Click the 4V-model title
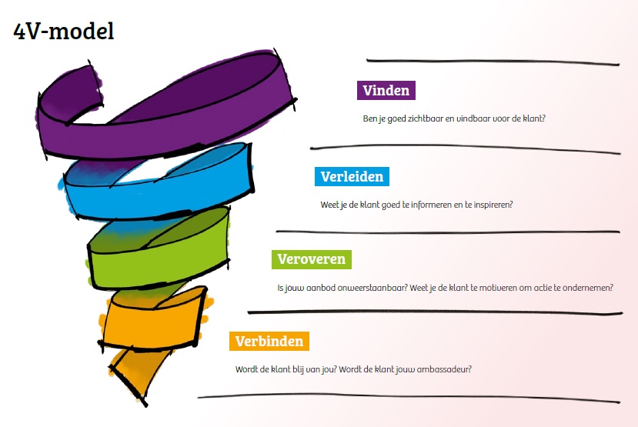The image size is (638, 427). [x=63, y=32]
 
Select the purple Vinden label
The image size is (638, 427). [x=386, y=90]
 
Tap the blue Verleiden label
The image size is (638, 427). [x=352, y=176]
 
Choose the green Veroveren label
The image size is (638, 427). [x=312, y=259]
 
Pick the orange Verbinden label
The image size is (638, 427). [x=269, y=341]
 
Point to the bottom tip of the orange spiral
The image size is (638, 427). [x=145, y=405]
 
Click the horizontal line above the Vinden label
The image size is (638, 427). [x=493, y=62]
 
